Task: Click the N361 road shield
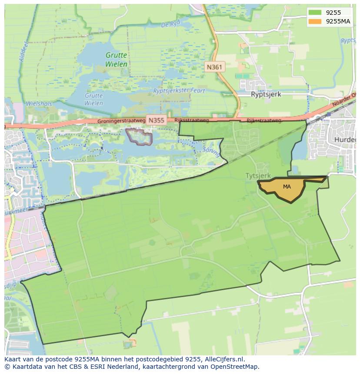click(x=214, y=67)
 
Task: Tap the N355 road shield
click(x=156, y=120)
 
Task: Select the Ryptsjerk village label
click(x=266, y=94)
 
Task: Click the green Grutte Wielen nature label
click(x=116, y=60)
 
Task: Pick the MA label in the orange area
click(x=287, y=187)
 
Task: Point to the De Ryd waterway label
click(x=170, y=25)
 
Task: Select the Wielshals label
click(x=39, y=104)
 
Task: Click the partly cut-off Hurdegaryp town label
click(x=346, y=139)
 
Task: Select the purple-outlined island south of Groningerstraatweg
click(x=139, y=137)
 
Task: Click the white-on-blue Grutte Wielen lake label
click(x=94, y=99)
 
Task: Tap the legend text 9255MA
click(x=338, y=21)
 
